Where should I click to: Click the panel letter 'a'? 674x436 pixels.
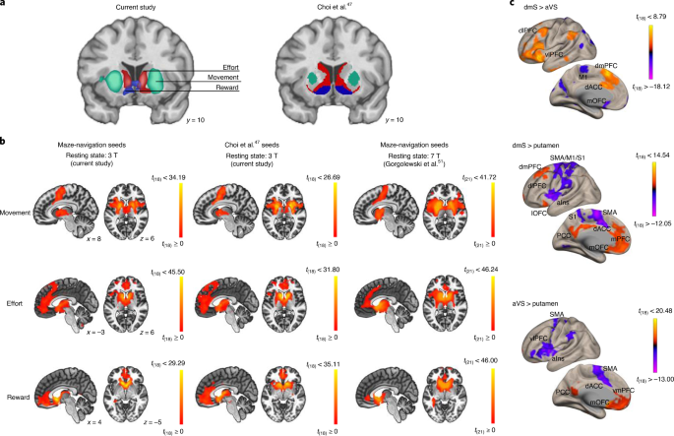coord(5,6)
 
